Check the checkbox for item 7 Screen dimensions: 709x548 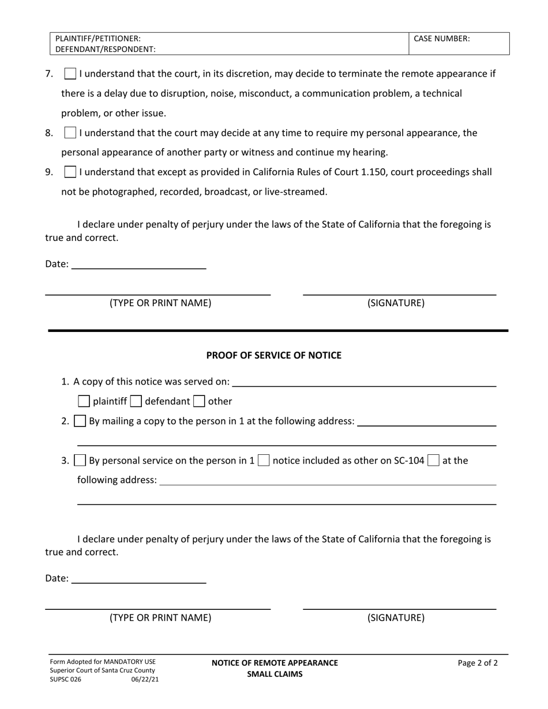tap(70, 74)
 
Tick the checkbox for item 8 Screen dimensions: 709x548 tap(70, 133)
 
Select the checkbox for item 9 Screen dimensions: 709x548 tap(70, 172)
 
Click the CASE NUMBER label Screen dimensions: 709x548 tap(442, 39)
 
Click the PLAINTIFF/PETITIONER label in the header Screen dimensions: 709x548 tap(98, 39)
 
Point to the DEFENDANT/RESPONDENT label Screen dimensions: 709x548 tap(106, 50)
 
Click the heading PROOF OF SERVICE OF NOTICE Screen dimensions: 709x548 tap(274, 355)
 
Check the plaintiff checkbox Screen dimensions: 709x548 tap(84, 401)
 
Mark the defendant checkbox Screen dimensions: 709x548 tap(136, 401)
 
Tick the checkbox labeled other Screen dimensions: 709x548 tap(199, 401)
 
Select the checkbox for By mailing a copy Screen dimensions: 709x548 tap(81, 421)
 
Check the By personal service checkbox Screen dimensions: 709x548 tap(81, 461)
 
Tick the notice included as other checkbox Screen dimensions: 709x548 tap(264, 461)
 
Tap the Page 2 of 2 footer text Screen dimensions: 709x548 tap(478, 663)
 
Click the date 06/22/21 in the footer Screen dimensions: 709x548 tap(145, 680)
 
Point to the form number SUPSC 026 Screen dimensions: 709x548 tap(66, 680)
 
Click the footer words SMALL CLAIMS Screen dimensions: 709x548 tap(275, 674)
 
